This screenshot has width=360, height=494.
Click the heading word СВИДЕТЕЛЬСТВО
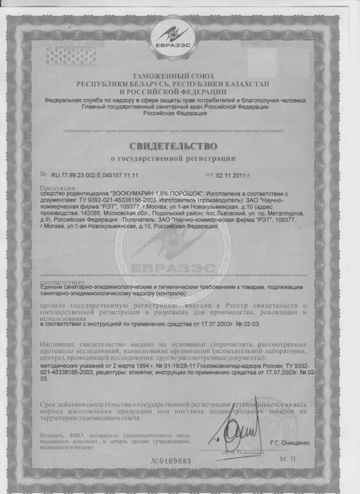tap(173, 146)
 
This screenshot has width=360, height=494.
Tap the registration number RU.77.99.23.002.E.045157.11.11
tap(94, 175)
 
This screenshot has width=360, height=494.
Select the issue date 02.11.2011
tap(236, 175)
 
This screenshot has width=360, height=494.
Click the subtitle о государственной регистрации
tap(173, 158)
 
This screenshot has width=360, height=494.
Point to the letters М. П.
tap(288, 459)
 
